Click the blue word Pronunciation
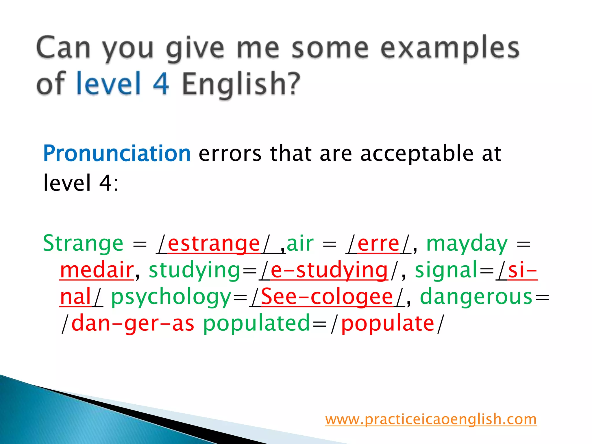coord(116,153)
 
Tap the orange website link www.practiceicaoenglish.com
coord(431,419)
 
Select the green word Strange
coord(83,243)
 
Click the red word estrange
coord(214,243)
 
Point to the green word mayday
coord(467,243)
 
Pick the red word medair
coord(97,270)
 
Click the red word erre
coord(378,243)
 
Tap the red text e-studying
coord(329,270)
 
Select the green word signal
coord(447,270)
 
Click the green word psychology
coord(171,297)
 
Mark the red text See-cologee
coord(327,297)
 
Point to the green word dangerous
coord(476,297)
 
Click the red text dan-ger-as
coord(132,323)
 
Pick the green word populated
coord(256,323)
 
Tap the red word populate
coord(388,323)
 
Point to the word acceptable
coord(417,153)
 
